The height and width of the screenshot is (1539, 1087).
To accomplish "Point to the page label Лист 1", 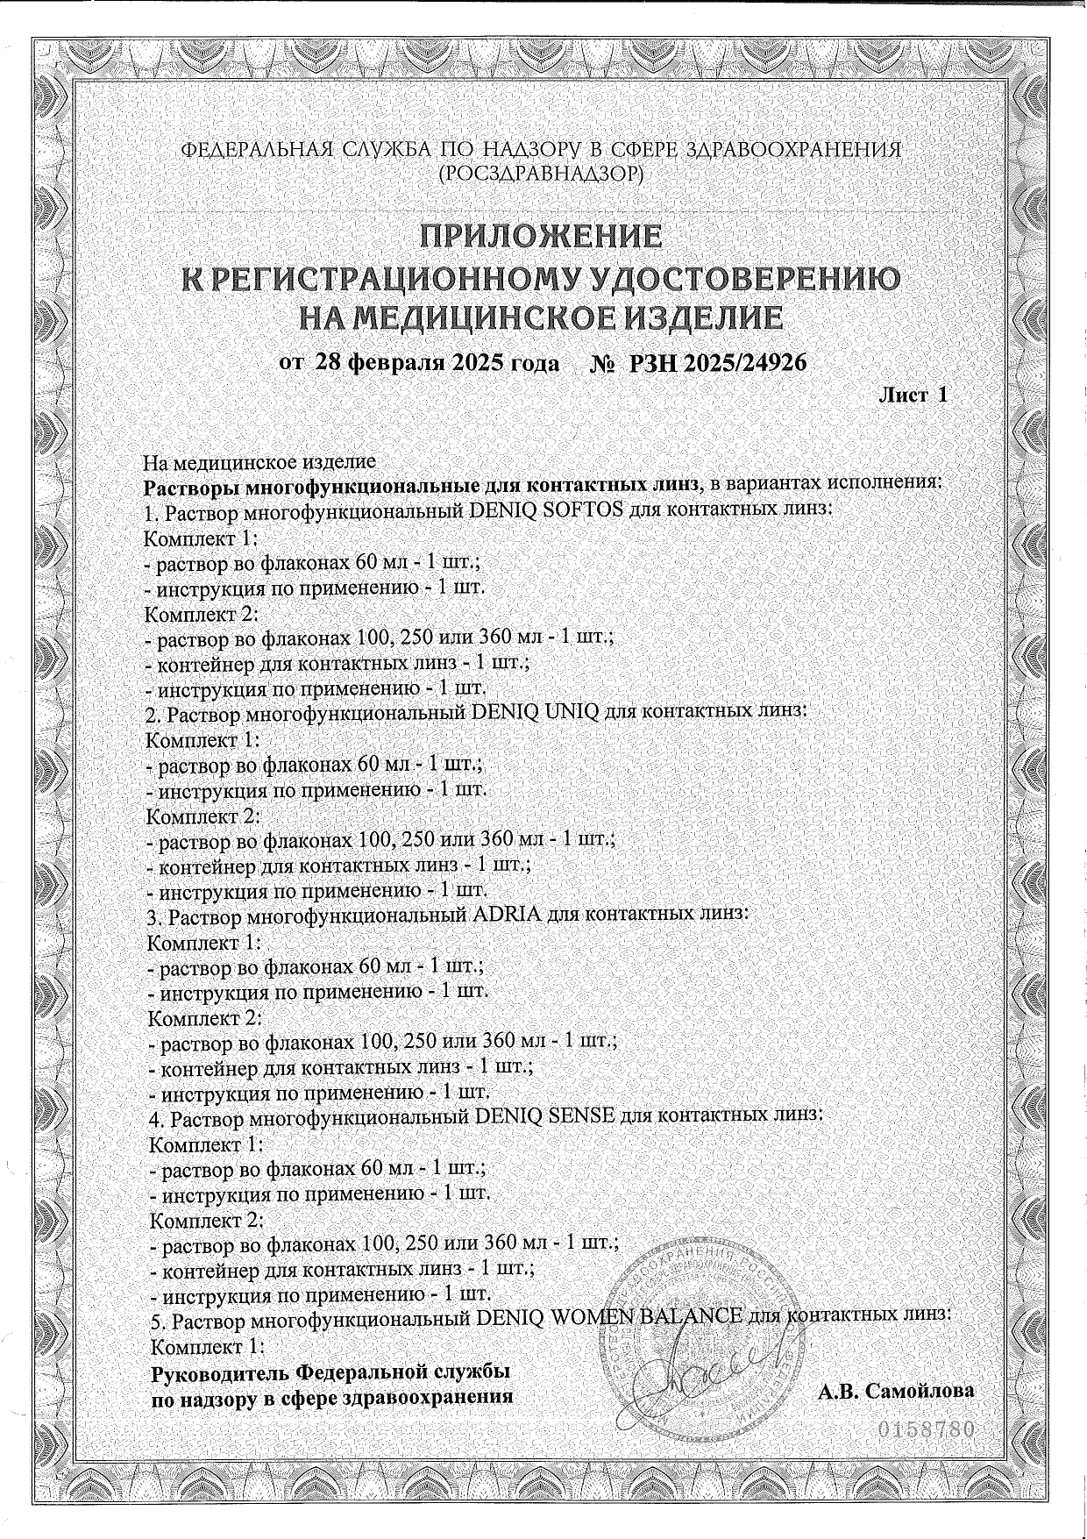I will click(913, 395).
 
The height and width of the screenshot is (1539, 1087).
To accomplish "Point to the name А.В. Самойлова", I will click(897, 1391).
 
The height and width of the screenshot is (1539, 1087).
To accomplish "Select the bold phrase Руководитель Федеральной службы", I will click(331, 1372).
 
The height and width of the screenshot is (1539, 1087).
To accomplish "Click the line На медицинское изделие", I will click(259, 461).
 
